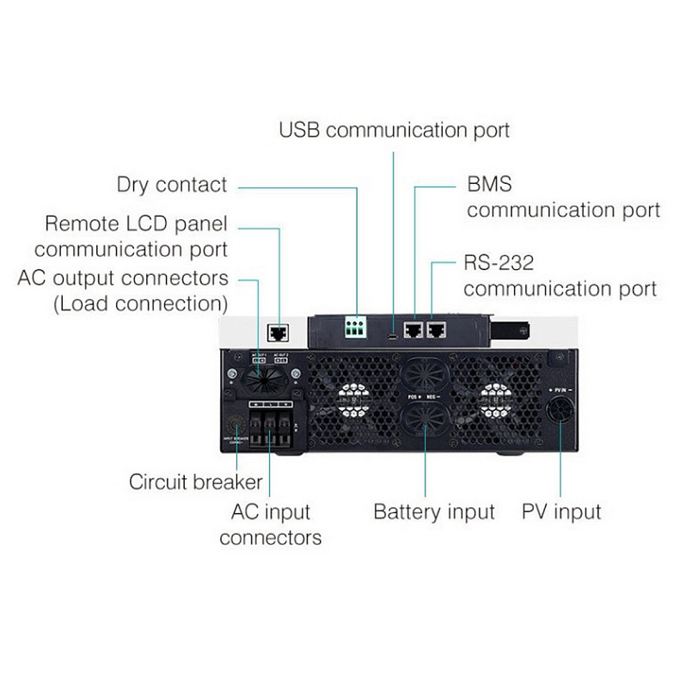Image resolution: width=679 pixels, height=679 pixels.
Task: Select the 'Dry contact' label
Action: tap(172, 185)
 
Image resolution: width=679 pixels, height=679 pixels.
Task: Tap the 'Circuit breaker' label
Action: tap(195, 481)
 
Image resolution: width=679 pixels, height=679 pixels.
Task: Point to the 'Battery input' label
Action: tap(434, 512)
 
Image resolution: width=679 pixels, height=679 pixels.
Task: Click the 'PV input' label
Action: tap(562, 512)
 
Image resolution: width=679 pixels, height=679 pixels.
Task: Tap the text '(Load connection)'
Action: tap(141, 304)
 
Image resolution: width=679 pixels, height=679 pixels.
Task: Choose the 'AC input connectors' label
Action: tap(270, 524)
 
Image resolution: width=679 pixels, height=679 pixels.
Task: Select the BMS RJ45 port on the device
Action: tap(414, 328)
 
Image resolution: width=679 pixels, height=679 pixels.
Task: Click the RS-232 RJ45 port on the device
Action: tap(437, 328)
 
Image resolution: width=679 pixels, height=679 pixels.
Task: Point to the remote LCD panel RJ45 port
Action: tap(278, 331)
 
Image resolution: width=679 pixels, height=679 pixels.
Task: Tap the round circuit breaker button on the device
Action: tap(235, 425)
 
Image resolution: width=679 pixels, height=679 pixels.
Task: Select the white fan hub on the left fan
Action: tap(352, 398)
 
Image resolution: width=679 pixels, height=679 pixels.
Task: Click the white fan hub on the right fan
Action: tap(496, 398)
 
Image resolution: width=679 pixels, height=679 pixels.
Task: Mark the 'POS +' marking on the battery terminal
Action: tap(413, 396)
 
